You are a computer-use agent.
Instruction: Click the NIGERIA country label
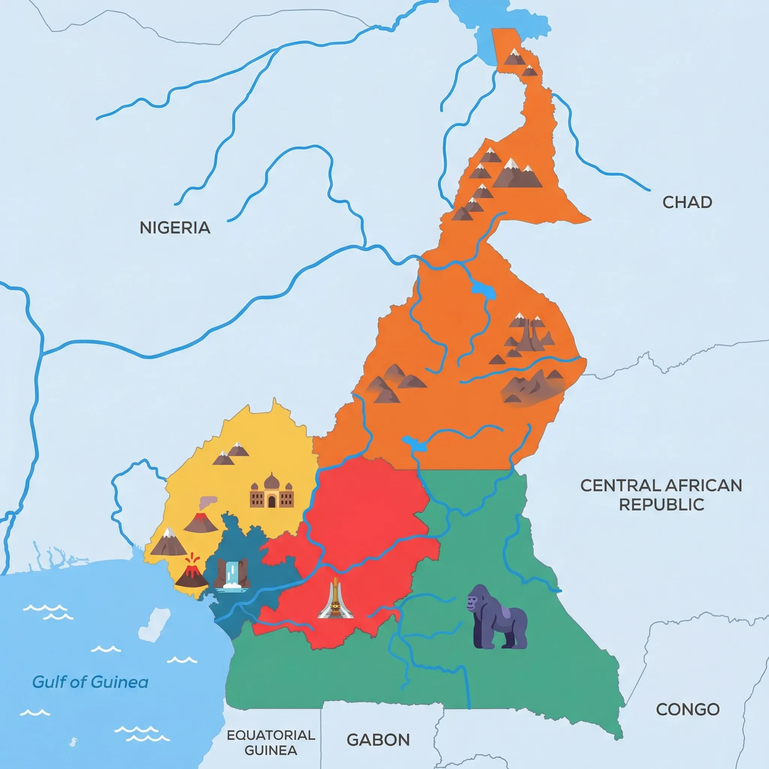pyautogui.click(x=175, y=228)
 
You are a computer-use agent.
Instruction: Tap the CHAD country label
pyautogui.click(x=687, y=202)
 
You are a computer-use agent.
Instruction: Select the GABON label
pyautogui.click(x=378, y=740)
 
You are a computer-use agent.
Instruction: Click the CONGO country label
pyautogui.click(x=688, y=709)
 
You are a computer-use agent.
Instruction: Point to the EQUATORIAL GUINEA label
pyautogui.click(x=271, y=743)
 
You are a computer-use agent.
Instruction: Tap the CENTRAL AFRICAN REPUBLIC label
pyautogui.click(x=661, y=495)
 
